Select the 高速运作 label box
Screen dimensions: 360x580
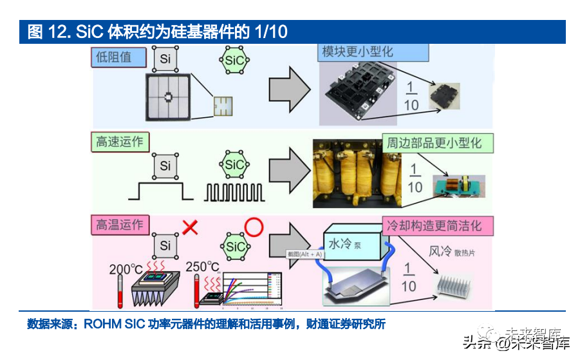119,141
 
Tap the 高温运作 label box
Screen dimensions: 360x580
119,225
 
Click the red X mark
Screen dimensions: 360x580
189,227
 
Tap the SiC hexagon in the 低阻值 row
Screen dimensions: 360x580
234,61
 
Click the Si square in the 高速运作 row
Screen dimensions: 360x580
165,166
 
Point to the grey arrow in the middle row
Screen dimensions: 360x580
289,169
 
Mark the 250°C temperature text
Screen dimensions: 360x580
203,266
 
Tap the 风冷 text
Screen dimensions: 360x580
440,251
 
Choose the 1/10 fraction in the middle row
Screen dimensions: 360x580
415,178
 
